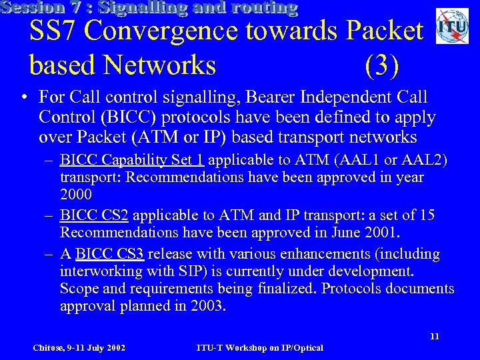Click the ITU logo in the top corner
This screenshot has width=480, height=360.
452,27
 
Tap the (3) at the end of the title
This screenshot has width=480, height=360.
382,65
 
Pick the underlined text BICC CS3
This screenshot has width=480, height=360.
111,254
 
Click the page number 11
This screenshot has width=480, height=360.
434,336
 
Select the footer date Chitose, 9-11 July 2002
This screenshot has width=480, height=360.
79,347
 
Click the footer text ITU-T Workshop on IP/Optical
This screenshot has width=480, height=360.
260,347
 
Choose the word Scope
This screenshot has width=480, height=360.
78,289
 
